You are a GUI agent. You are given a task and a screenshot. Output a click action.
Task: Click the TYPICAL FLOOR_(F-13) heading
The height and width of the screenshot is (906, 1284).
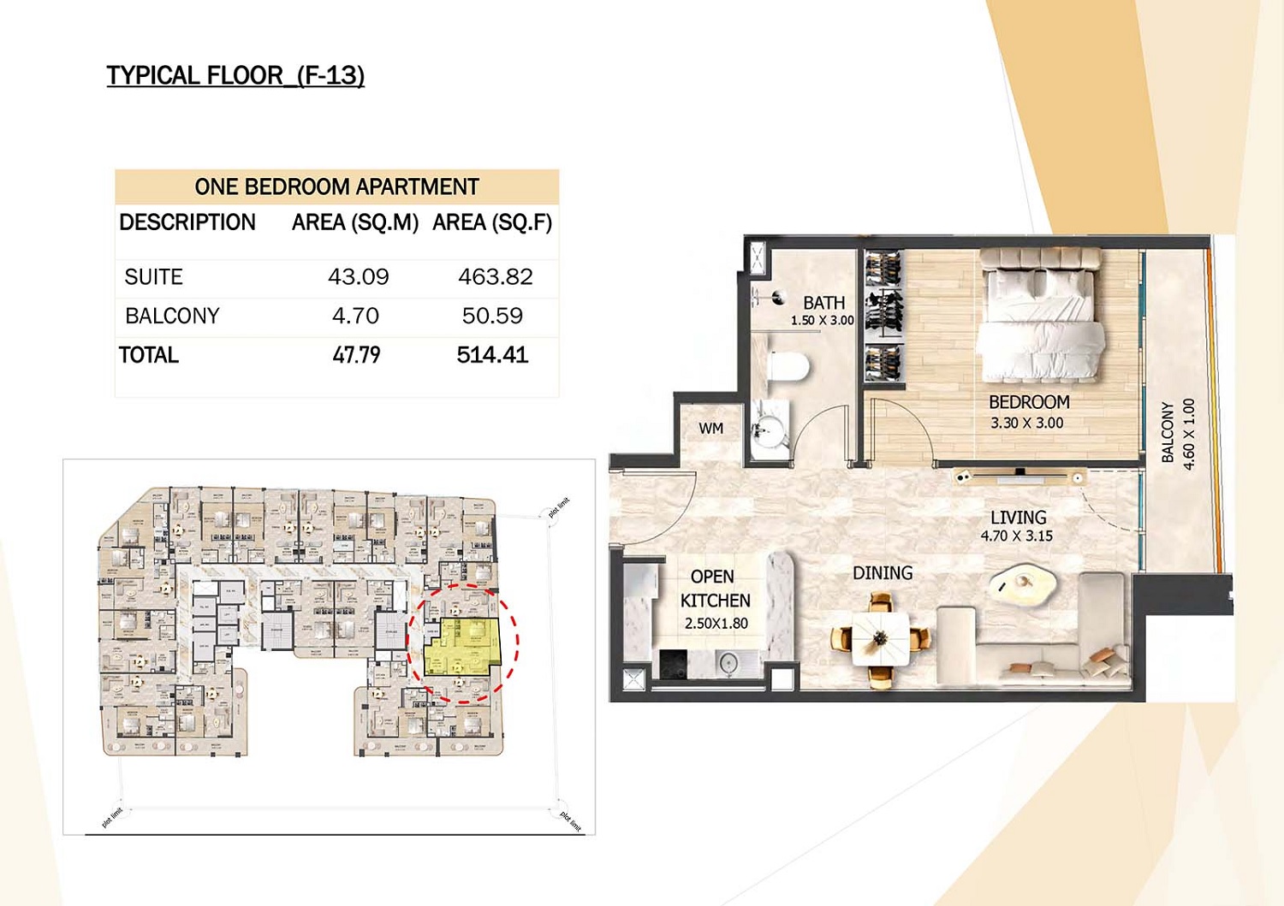(235, 76)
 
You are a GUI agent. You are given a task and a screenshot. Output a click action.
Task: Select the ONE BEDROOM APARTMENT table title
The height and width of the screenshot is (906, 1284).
(336, 187)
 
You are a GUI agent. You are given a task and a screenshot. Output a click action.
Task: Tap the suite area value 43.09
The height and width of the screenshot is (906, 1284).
(358, 277)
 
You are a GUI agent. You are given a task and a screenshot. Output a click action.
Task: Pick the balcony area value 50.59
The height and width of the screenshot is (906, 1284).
(492, 317)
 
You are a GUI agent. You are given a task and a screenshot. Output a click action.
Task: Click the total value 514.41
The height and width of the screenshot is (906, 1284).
(492, 355)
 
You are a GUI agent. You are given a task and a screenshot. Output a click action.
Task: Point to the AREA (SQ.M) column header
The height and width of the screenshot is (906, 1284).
(355, 223)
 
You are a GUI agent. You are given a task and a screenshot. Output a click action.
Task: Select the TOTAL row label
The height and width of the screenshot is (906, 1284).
(149, 355)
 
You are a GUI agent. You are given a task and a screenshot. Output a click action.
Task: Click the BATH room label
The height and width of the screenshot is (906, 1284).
(823, 303)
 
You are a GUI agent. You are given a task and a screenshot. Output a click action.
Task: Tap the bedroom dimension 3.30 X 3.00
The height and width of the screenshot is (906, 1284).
(1026, 423)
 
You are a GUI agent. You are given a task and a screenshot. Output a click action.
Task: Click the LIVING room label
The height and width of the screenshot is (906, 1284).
(1018, 518)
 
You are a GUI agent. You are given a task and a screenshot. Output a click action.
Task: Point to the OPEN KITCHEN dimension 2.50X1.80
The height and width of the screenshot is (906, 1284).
(716, 624)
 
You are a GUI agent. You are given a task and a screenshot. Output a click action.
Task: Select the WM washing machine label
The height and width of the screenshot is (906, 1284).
(710, 429)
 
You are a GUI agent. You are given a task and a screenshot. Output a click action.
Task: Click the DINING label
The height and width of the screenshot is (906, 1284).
(882, 573)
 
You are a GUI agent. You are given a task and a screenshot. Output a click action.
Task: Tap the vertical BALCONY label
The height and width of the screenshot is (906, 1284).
(1168, 433)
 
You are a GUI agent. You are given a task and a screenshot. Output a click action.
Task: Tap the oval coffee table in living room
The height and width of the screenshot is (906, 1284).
(1022, 584)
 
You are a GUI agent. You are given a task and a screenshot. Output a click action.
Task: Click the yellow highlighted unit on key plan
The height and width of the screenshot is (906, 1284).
(462, 646)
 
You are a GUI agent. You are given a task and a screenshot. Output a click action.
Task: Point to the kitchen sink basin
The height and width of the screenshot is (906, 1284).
(728, 662)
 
